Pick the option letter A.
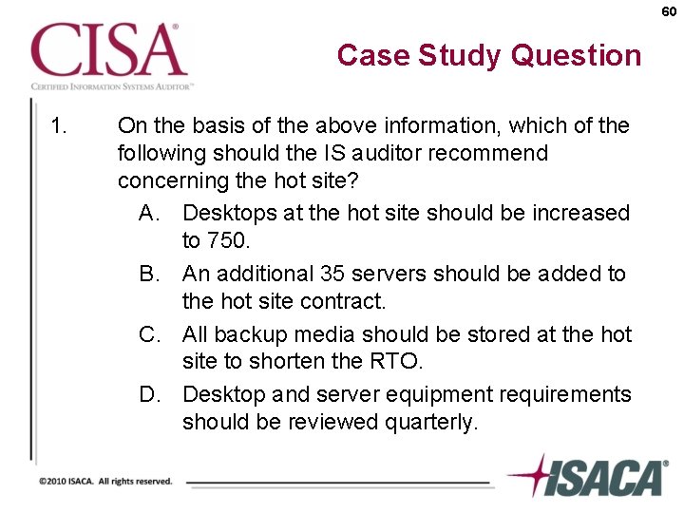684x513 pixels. pos(150,213)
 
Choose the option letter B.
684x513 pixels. pos(150,274)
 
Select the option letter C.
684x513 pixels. pos(150,334)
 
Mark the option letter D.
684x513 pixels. pos(150,394)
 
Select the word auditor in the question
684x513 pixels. pos(414,153)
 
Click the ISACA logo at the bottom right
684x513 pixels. pos(589,476)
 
